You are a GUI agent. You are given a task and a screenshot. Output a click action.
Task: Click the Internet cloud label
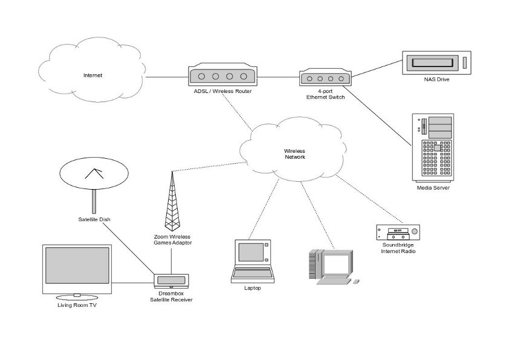(92, 76)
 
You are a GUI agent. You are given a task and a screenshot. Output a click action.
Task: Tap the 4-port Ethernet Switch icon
(325, 79)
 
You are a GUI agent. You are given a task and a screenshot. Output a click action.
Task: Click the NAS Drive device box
(436, 62)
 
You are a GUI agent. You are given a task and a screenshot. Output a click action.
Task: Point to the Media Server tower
(433, 147)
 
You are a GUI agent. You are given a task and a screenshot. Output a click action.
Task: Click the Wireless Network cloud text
(295, 153)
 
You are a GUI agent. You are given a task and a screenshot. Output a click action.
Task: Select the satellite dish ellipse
(94, 174)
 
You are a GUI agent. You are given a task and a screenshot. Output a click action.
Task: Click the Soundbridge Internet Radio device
(397, 232)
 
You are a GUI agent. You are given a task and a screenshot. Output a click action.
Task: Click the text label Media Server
(433, 188)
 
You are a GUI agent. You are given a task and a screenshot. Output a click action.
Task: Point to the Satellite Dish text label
(94, 219)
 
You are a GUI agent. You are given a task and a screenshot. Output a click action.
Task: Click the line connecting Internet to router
(166, 77)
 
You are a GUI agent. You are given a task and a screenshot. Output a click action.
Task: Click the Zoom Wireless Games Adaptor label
(172, 239)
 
